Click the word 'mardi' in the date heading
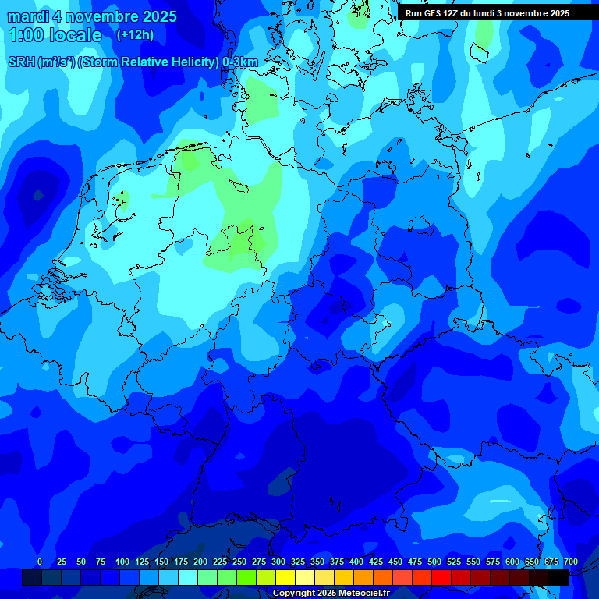28,16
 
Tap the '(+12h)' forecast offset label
135,35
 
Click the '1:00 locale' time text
55,36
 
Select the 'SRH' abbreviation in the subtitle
21,62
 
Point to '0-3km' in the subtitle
239,62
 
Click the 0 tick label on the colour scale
40,562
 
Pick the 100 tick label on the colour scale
122,562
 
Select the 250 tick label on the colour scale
239,562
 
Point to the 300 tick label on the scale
278,562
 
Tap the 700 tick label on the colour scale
570,562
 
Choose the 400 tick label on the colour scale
356,562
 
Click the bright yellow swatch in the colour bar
285,577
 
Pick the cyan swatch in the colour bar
188,577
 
